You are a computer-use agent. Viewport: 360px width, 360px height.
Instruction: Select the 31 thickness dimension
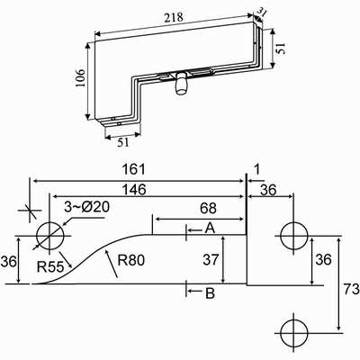pyautogui.click(x=262, y=13)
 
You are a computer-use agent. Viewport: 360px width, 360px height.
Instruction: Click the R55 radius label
pyautogui.click(x=49, y=267)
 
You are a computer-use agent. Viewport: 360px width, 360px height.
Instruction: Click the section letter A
pyautogui.click(x=210, y=229)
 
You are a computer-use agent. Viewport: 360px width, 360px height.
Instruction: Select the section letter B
pyautogui.click(x=210, y=292)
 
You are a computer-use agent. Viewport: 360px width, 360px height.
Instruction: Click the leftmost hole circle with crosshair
pyautogui.click(x=51, y=237)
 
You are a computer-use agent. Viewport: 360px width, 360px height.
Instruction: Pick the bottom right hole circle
pyautogui.click(x=293, y=330)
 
